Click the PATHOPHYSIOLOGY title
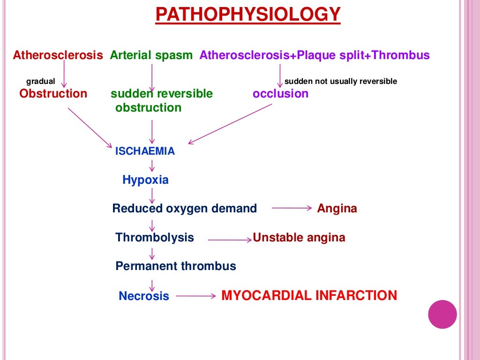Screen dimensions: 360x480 click(x=247, y=15)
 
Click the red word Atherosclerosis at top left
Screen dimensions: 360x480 click(x=58, y=55)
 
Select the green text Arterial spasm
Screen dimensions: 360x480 click(x=151, y=55)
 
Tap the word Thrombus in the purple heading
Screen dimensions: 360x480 click(x=406, y=55)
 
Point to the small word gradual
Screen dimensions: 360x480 click(x=40, y=82)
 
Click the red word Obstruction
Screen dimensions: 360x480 click(x=53, y=94)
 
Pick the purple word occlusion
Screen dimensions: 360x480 click(x=280, y=94)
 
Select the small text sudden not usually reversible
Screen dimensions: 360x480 click(x=341, y=82)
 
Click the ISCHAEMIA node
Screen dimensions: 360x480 click(x=145, y=151)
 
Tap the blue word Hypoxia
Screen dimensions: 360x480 click(x=145, y=180)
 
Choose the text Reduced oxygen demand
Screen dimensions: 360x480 click(x=184, y=209)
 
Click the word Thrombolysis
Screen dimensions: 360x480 click(x=154, y=238)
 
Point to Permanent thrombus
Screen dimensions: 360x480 click(x=176, y=267)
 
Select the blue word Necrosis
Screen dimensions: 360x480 click(x=144, y=296)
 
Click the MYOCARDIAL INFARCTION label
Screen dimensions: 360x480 click(x=309, y=296)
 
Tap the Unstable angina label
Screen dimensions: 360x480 click(x=299, y=238)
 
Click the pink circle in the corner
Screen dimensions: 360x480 click(x=442, y=314)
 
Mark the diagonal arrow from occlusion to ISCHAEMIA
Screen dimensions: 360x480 click(x=230, y=124)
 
